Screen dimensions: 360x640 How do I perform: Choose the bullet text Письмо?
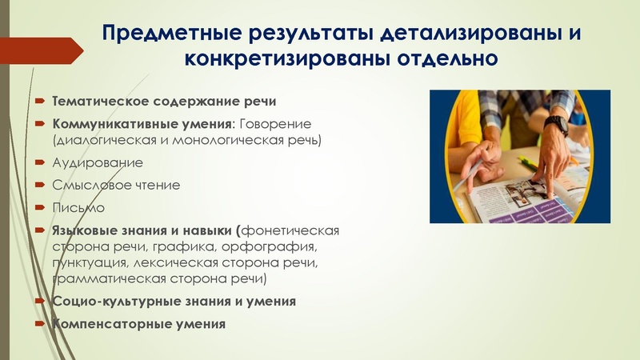click(x=78, y=207)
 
